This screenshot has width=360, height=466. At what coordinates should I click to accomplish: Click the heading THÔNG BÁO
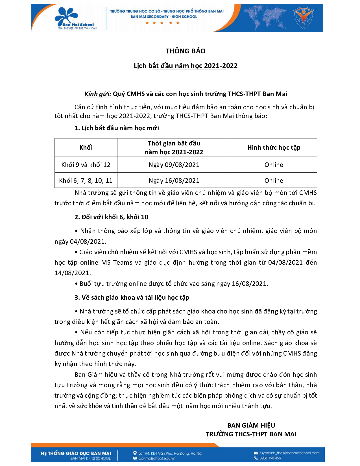pos(186,51)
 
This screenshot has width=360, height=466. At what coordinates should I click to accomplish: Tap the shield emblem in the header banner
pos(303,18)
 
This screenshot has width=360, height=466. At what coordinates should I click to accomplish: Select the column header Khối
pos(86,147)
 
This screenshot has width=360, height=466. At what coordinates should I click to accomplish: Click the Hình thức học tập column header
pos(274,147)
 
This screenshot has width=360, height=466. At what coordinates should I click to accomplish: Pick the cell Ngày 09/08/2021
pos(174,165)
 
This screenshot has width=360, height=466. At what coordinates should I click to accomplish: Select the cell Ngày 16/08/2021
pos(174,180)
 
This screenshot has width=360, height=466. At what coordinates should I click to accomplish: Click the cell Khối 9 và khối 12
pos(86,165)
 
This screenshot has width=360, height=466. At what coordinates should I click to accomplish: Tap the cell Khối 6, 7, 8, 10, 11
pos(86,180)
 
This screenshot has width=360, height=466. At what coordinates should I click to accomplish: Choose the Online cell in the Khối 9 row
pos(274,165)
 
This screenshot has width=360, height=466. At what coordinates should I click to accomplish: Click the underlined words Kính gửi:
pos(98,94)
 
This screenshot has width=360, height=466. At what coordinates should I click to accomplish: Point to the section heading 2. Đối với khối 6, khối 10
pos(111,217)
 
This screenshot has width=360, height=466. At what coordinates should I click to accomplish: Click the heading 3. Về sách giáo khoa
pos(132,297)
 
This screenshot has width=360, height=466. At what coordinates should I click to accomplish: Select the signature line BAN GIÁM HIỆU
pos(251,425)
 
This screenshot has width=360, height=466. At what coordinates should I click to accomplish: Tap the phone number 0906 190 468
pos(270,458)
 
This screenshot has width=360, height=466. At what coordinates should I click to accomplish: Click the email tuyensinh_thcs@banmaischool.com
pos(289,453)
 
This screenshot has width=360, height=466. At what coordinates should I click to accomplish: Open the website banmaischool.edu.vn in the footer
pos(157,458)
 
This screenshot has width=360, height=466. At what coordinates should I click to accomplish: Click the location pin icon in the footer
pos(135,453)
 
